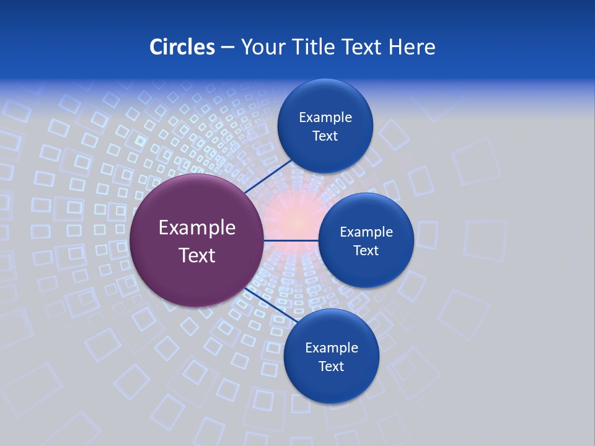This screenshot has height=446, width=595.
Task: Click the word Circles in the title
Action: tap(182, 47)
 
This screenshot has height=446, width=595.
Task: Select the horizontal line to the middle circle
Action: tap(291, 240)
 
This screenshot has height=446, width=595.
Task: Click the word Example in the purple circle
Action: tap(197, 228)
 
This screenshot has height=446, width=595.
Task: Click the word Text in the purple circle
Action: tap(197, 255)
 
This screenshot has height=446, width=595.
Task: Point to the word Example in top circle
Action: tap(325, 118)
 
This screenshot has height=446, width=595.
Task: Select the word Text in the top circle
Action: tap(325, 136)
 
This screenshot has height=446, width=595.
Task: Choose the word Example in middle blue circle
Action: tap(366, 232)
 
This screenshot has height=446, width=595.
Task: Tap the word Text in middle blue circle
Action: tap(366, 251)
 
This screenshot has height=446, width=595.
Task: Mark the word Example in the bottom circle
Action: tap(332, 348)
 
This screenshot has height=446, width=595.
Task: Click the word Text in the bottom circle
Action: tap(331, 367)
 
